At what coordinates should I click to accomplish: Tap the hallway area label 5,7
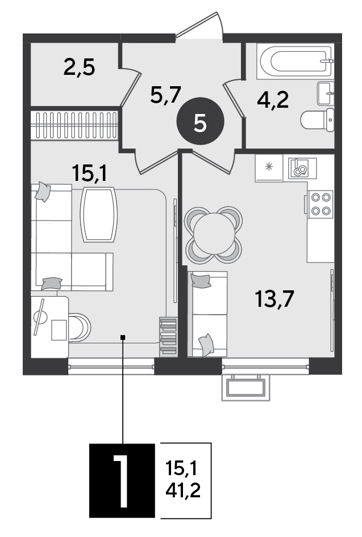(165, 95)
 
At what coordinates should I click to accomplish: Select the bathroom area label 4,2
(273, 100)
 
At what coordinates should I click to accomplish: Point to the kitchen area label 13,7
(274, 298)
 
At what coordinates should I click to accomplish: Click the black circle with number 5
(200, 121)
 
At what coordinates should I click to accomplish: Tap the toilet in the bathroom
(318, 120)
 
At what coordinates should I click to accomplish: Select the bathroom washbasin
(325, 93)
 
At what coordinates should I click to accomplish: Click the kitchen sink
(302, 168)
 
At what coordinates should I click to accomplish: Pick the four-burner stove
(320, 204)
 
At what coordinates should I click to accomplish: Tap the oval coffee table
(99, 215)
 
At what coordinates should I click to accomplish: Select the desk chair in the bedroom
(80, 327)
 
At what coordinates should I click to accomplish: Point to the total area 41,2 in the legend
(183, 491)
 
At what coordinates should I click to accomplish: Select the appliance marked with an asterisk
(269, 168)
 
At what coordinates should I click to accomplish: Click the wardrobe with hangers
(74, 125)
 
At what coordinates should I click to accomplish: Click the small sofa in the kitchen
(207, 314)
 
